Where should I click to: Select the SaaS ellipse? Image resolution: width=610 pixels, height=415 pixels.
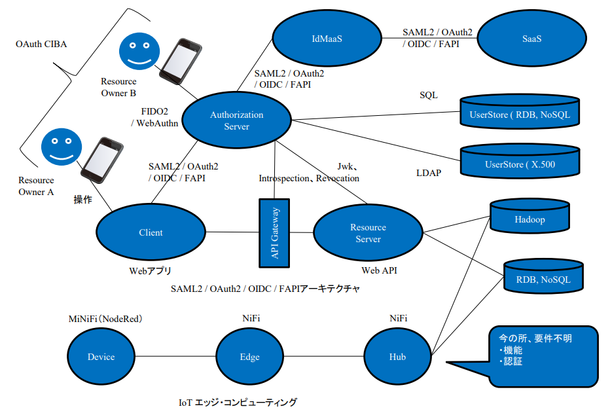[x=531, y=39]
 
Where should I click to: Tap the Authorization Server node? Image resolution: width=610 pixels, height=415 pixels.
[x=236, y=120]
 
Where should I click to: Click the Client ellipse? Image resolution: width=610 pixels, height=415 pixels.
[x=151, y=232]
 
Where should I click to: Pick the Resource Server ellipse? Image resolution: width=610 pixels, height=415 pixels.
[x=368, y=234]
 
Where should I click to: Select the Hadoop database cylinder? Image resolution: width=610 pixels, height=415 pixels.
[x=529, y=219]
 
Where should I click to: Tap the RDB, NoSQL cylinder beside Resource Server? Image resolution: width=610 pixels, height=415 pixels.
[x=543, y=278]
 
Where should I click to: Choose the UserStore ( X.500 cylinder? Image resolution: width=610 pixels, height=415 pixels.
[x=520, y=162]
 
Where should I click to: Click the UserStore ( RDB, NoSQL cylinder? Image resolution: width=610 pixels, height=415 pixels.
[x=520, y=114]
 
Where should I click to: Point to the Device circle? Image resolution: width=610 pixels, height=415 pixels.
[x=101, y=357]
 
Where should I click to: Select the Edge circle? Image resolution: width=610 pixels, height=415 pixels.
[x=249, y=357]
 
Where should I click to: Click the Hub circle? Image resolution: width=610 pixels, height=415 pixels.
[x=397, y=357]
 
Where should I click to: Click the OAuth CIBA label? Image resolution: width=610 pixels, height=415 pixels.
[x=41, y=45]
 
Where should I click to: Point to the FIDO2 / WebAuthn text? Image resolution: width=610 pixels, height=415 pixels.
[x=154, y=117]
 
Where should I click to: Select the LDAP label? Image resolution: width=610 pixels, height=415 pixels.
[x=429, y=173]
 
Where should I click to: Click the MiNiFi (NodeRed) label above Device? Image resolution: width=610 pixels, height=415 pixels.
[x=105, y=319]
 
